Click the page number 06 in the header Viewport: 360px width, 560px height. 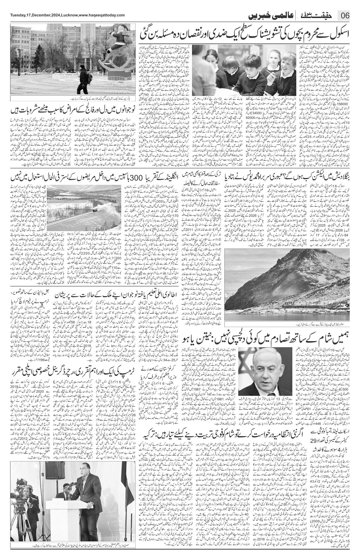(x=346, y=15)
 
